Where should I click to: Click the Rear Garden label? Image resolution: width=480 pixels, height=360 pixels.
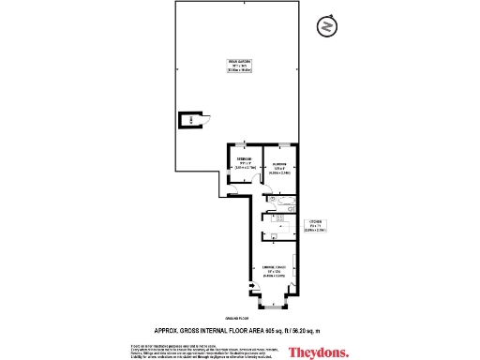pos(239,65)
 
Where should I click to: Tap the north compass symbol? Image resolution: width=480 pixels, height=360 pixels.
pos(325,26)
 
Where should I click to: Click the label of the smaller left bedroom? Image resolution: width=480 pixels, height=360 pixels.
pos(244,164)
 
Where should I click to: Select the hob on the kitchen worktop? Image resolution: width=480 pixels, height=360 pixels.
pos(278,219)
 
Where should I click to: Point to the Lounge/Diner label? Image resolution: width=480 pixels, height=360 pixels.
pos(275,273)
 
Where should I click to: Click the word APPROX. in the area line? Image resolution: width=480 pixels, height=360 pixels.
pos(167,331)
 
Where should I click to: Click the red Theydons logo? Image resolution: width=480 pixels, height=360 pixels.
pos(318,352)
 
